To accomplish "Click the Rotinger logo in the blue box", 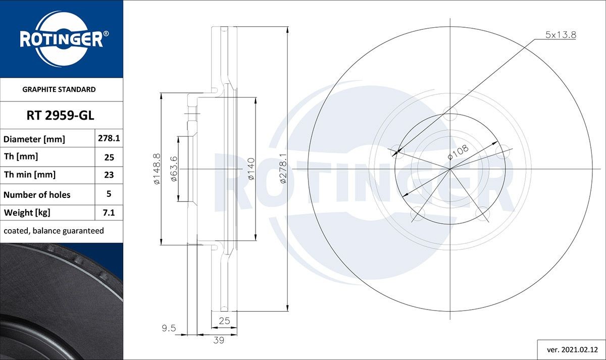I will tap(62, 39).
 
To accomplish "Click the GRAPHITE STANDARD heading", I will tap(59, 89).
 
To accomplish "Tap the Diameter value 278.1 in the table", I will tap(109, 138).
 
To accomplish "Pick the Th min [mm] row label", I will tap(30, 175).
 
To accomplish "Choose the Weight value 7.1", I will tap(109, 213).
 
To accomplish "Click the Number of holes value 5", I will tap(109, 193).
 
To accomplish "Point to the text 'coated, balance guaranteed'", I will tap(54, 231).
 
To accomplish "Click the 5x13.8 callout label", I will tap(561, 35).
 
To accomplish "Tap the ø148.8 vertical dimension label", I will tap(157, 169).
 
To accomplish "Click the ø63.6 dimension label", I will tap(174, 169).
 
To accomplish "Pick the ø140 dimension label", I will tap(250, 169).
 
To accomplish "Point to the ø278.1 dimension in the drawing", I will tap(283, 169).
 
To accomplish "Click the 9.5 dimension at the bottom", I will tap(169, 328).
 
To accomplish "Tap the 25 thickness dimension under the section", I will tap(224, 320).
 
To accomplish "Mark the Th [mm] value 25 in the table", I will tap(109, 157).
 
